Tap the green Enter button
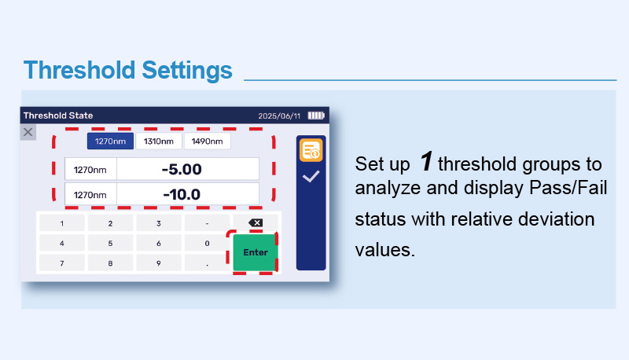click(255, 252)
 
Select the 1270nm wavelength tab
click(110, 141)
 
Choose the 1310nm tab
click(159, 141)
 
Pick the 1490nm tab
click(207, 141)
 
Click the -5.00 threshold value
click(182, 169)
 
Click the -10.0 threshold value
click(182, 194)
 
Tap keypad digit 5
click(110, 244)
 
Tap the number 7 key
click(62, 263)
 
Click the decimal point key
click(207, 263)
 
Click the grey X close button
click(28, 132)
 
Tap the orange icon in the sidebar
click(311, 150)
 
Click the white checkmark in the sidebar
click(311, 176)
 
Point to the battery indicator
click(316, 116)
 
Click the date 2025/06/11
click(279, 116)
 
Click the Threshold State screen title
click(58, 116)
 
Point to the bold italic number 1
click(426, 161)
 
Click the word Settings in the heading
click(187, 70)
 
